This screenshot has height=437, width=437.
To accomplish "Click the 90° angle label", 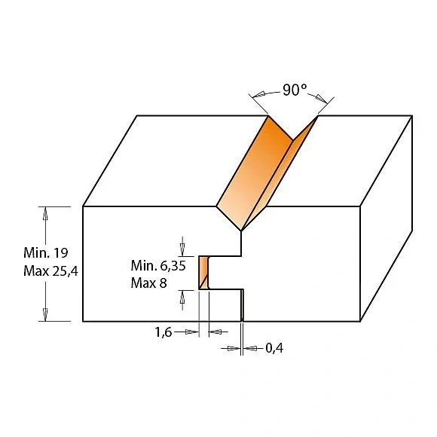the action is tap(295, 90).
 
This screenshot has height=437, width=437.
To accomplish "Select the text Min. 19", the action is tap(46, 252).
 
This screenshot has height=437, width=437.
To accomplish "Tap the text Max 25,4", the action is tap(50, 271).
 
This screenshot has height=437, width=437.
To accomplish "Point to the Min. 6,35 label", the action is tap(158, 266).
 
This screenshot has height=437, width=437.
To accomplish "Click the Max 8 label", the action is tap(149, 283).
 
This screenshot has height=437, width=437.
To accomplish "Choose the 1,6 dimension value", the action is tap(163, 332).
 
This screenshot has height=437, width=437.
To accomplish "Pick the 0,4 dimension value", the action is tap(274, 348).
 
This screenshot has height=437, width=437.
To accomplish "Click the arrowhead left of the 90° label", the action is tap(258, 94).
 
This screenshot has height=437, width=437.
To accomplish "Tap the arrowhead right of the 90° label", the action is tap(321, 99).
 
